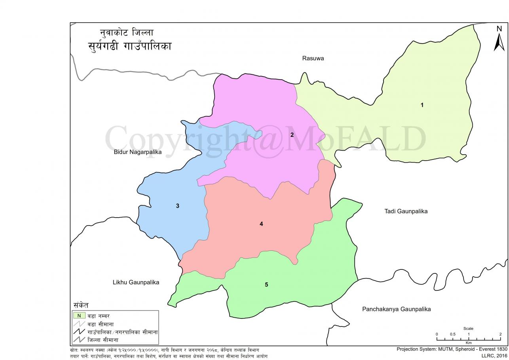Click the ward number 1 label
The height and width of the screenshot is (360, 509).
(x=422, y=105)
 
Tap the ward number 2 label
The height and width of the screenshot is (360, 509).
(x=292, y=135)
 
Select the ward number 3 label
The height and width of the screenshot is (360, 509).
(x=178, y=206)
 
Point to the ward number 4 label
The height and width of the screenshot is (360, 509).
(x=261, y=224)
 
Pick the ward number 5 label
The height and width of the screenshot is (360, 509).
(x=266, y=285)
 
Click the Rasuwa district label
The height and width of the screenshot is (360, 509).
(x=313, y=59)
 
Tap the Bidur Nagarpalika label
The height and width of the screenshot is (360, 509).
(x=138, y=152)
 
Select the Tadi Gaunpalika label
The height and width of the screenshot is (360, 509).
(x=406, y=211)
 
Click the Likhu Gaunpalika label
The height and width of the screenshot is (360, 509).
(x=136, y=282)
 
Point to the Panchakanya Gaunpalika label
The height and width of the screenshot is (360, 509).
(x=396, y=309)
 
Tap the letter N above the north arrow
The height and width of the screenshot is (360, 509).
(x=499, y=29)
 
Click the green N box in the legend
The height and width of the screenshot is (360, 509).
(x=79, y=316)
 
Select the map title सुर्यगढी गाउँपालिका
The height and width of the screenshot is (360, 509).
(x=129, y=46)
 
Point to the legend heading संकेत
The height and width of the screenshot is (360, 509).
(x=81, y=305)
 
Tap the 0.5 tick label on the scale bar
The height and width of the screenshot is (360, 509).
(x=453, y=334)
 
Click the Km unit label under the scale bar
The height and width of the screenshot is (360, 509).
(x=469, y=343)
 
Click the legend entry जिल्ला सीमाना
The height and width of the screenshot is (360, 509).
(x=103, y=340)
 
